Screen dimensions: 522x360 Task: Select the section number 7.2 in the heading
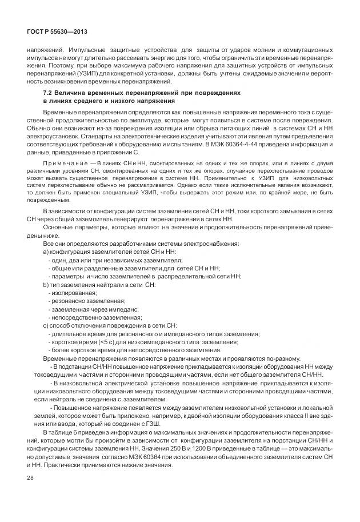pyautogui.click(x=49, y=92)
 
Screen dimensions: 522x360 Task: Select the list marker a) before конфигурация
pyautogui.click(x=46, y=252)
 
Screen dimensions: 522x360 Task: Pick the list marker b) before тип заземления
pyautogui.click(x=46, y=284)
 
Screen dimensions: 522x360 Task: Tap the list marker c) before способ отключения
pyautogui.click(x=46, y=325)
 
